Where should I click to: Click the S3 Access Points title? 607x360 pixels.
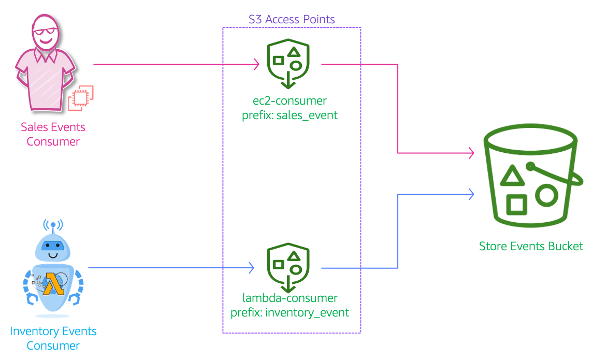(292, 20)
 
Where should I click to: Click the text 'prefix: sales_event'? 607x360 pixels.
(290, 116)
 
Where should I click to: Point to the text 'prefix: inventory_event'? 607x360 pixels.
(290, 313)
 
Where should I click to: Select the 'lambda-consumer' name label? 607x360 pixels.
(290, 298)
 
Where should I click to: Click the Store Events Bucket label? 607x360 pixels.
(531, 246)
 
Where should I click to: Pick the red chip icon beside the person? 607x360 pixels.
(81, 98)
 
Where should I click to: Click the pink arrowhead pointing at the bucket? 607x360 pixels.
(471, 153)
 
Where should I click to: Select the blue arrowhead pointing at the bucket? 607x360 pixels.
(471, 194)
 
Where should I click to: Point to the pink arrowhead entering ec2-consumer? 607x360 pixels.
(256, 64)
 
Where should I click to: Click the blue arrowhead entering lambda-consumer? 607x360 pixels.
(251, 268)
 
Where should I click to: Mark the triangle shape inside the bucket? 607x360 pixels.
(511, 177)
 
